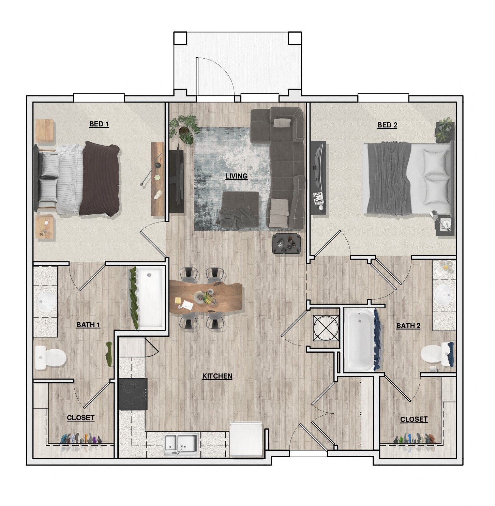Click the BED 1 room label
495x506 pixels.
coord(99,124)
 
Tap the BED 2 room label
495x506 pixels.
coord(387,125)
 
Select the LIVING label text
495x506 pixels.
coord(237,176)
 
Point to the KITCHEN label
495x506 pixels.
coord(217,376)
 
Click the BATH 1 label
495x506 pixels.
coord(88,324)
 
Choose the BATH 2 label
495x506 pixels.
coord(408,325)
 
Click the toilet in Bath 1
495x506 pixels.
coord(50,357)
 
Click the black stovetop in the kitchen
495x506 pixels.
coord(133,394)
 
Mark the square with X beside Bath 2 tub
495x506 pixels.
coord(326,328)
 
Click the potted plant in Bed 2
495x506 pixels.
coord(445,129)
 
